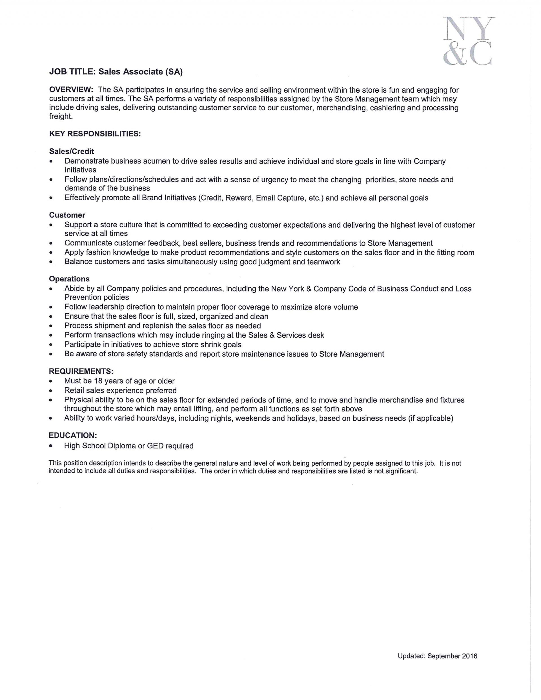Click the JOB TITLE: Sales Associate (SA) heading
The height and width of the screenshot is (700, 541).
pyautogui.click(x=116, y=72)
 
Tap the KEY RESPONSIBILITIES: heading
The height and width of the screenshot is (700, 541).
pyautogui.click(x=95, y=134)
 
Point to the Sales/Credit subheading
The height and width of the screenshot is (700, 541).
pyautogui.click(x=72, y=151)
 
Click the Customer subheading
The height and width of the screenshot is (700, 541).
pyautogui.click(x=67, y=215)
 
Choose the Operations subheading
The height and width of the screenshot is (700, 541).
pyautogui.click(x=69, y=279)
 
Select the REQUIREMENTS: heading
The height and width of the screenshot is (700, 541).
pyautogui.click(x=81, y=372)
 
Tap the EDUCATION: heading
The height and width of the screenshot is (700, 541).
pyautogui.click(x=73, y=435)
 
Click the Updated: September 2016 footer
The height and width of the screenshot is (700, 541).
pyautogui.click(x=437, y=656)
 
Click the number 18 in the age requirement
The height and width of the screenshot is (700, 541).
pyautogui.click(x=98, y=381)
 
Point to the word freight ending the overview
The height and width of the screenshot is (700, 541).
pyautogui.click(x=61, y=116)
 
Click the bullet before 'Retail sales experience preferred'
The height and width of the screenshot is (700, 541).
pyautogui.click(x=51, y=391)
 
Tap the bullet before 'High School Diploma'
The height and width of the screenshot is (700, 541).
pyautogui.click(x=51, y=446)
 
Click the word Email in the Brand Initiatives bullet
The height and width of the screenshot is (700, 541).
pyautogui.click(x=265, y=198)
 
